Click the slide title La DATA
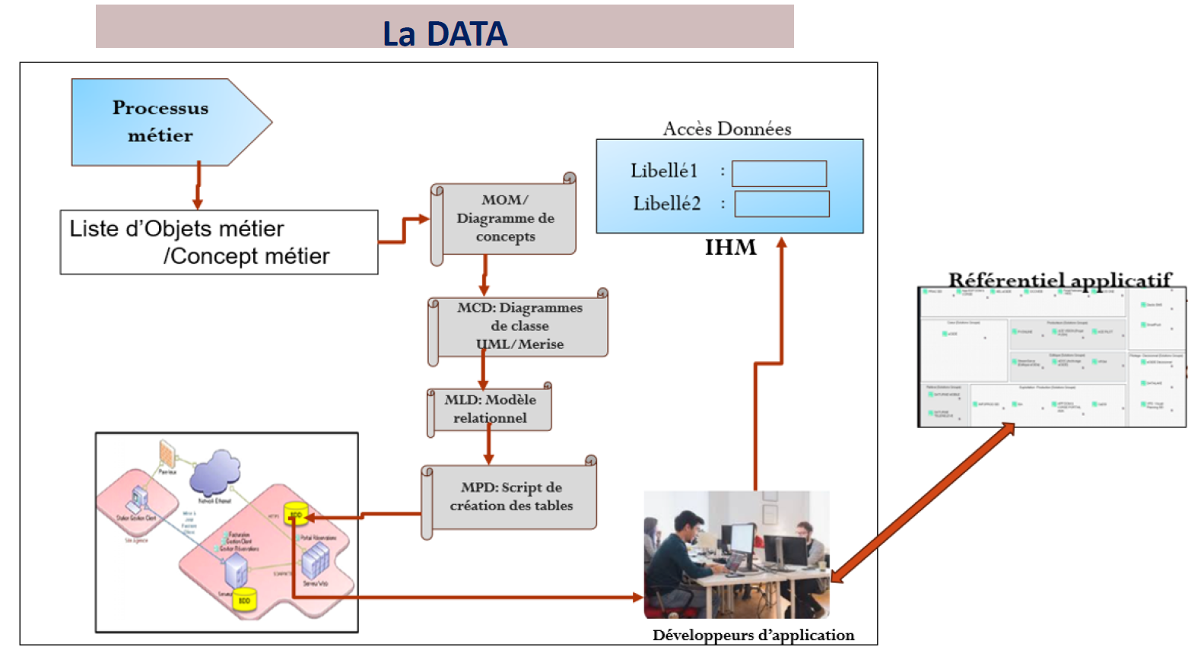(x=445, y=33)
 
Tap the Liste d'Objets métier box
(x=219, y=243)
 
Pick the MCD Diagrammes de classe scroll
(x=520, y=326)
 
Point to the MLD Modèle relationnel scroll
(x=491, y=409)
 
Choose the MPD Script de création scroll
(x=511, y=496)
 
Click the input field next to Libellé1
(x=779, y=173)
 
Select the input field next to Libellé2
(x=782, y=204)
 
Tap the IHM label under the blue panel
(x=730, y=248)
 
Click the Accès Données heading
(x=727, y=128)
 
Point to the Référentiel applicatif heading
(x=1059, y=280)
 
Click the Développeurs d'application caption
(x=753, y=635)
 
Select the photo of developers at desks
(x=736, y=554)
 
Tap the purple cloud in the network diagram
(x=215, y=471)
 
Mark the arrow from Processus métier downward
(x=198, y=186)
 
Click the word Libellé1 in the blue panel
(x=663, y=171)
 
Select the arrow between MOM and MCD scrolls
(x=484, y=275)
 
